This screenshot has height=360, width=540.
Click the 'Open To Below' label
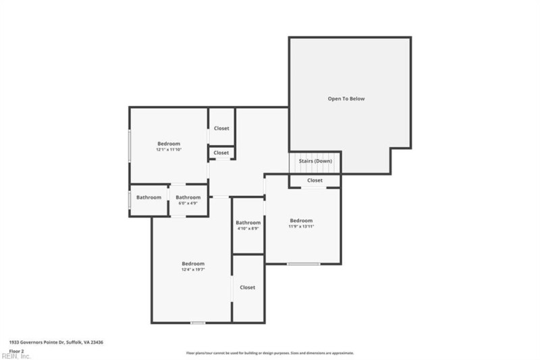pos(346,99)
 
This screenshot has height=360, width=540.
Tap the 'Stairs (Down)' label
pos(315,161)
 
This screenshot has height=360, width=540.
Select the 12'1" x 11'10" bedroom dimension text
pos(169,149)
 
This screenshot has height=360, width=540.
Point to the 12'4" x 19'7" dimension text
pos(192,269)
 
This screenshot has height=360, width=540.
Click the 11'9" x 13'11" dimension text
pos(302,226)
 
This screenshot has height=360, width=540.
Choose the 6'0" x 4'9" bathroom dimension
pos(188,203)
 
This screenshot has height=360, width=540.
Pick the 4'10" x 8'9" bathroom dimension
pos(248,228)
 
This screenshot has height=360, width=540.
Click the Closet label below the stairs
pos(315,180)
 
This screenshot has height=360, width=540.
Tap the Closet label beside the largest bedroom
pos(248,287)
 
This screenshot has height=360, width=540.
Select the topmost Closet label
pos(221,128)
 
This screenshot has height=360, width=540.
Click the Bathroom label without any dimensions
pos(148,197)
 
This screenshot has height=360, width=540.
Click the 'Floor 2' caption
pos(16,351)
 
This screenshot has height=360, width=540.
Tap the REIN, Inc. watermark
pos(16,356)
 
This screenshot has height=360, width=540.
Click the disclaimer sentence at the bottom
pos(270,353)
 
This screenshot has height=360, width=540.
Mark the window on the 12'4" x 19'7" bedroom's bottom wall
pos(198,322)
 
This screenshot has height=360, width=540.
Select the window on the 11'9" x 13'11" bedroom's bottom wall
pos(304,263)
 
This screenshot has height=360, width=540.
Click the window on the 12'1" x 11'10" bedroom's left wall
pos(130,145)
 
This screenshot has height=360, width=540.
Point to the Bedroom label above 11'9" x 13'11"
pos(302,220)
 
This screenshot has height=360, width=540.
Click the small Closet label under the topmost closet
pos(221,153)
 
